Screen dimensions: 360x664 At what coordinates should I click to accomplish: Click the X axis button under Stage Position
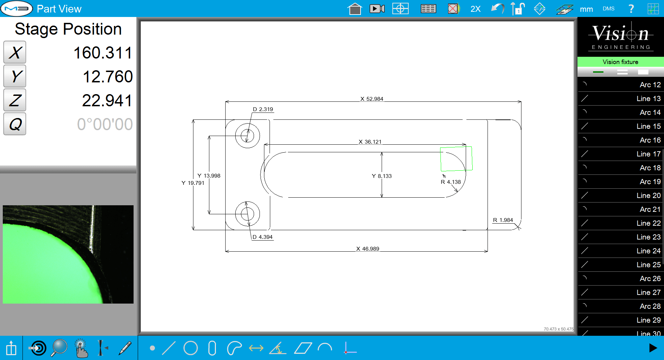[x=15, y=53]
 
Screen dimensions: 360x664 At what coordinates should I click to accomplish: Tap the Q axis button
[x=15, y=124]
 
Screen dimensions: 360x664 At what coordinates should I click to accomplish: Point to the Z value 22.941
[x=107, y=101]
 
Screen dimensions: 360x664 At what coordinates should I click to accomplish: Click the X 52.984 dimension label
[x=372, y=99]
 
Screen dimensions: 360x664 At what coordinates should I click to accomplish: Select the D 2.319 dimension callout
[x=263, y=109]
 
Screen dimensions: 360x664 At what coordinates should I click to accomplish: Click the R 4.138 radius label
[x=451, y=182]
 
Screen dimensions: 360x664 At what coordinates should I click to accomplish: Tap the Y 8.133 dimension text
[x=382, y=176]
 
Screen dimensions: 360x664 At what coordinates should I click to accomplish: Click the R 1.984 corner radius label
[x=503, y=220]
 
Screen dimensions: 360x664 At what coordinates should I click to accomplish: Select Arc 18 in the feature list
[x=621, y=168]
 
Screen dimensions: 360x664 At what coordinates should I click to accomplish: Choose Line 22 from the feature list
[x=621, y=223]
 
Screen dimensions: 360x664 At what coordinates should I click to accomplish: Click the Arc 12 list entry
[x=621, y=85]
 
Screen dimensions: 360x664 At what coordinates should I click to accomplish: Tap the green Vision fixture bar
[x=620, y=62]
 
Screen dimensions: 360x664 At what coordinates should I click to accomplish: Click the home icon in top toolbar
[x=355, y=9]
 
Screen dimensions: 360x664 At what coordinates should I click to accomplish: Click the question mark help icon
[x=631, y=9]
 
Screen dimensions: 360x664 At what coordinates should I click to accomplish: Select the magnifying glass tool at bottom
[x=59, y=348]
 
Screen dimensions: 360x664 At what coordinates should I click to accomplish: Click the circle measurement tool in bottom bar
[x=190, y=348]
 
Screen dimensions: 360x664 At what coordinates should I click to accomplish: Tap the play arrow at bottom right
[x=653, y=348]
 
